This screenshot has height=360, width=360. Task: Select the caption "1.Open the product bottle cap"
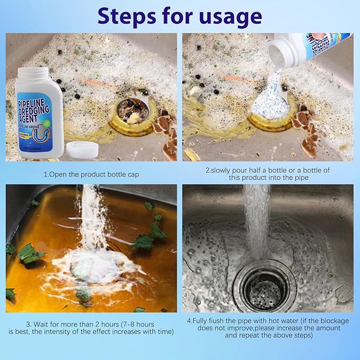(91, 173)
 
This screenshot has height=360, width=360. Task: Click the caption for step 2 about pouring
(267, 173)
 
